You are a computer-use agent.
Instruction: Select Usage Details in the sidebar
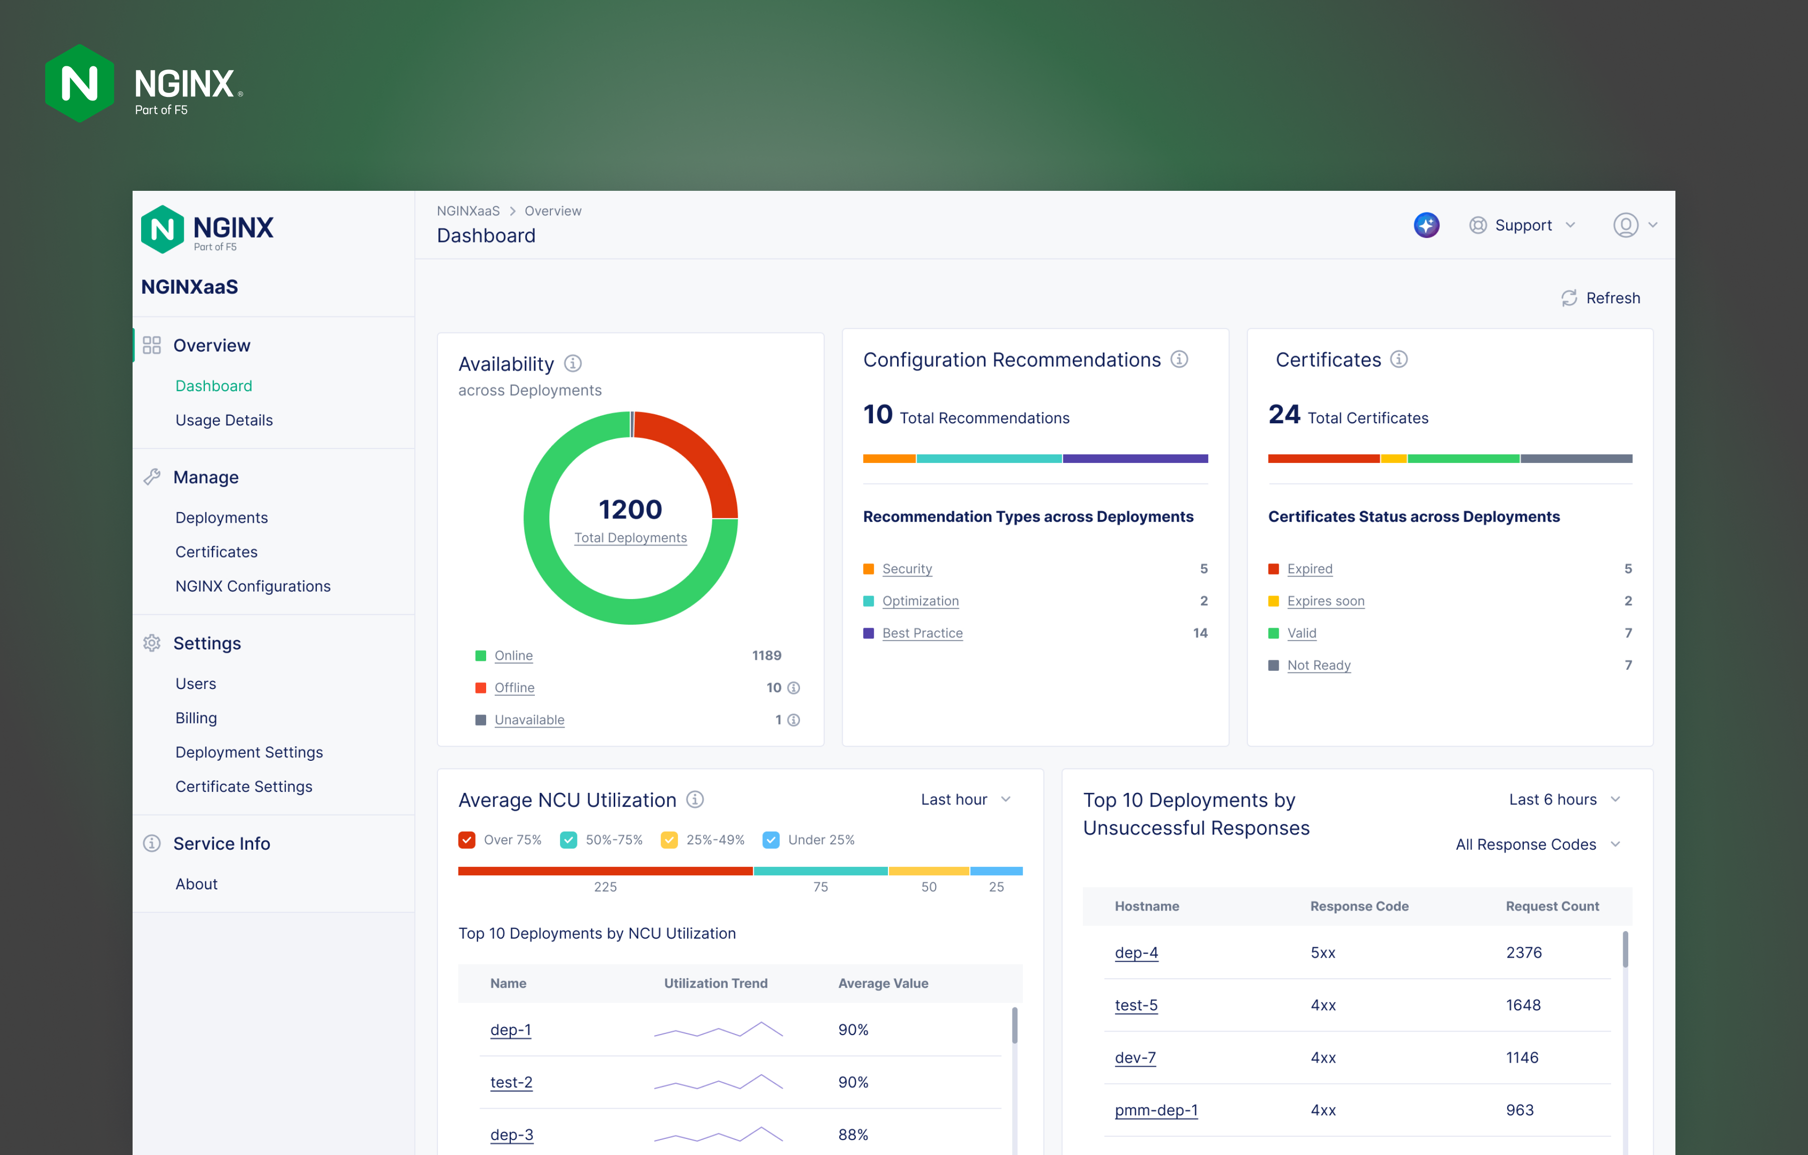[224, 420]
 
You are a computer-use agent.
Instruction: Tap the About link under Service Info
[196, 884]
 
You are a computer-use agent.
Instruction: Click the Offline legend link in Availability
[514, 687]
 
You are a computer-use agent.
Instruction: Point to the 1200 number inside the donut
[630, 509]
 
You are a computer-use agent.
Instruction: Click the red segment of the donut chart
[702, 458]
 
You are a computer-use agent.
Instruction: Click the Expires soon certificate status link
[1325, 601]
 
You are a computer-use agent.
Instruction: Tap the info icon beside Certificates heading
[1398, 359]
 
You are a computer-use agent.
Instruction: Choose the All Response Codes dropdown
[1537, 844]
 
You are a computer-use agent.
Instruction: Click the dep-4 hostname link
[1136, 952]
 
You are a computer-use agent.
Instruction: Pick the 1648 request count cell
[1523, 1005]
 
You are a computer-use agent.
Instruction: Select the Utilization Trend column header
[716, 983]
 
